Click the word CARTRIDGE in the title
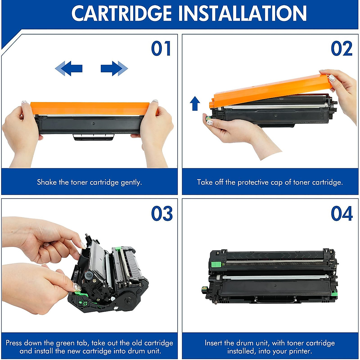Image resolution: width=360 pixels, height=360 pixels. pos(121,13)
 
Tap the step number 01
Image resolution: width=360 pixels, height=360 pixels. pos(161,49)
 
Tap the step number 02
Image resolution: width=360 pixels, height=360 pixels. pos(341,49)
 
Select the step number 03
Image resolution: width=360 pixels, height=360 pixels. pos(162,214)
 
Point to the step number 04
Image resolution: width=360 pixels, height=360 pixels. pos(342,214)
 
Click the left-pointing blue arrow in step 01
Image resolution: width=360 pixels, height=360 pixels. pos(69,68)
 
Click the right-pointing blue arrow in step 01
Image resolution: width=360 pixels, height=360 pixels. pos(114,68)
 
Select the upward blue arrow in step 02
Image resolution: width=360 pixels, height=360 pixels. pos(195,103)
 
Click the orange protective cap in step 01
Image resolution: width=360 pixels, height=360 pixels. pos(90,108)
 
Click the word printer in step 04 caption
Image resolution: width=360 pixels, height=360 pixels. pos(298,351)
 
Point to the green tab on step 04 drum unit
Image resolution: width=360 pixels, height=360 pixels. pos(216,265)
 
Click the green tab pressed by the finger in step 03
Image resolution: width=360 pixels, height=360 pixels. pos(78,288)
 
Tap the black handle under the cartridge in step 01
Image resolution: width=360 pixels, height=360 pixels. pos(94,137)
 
